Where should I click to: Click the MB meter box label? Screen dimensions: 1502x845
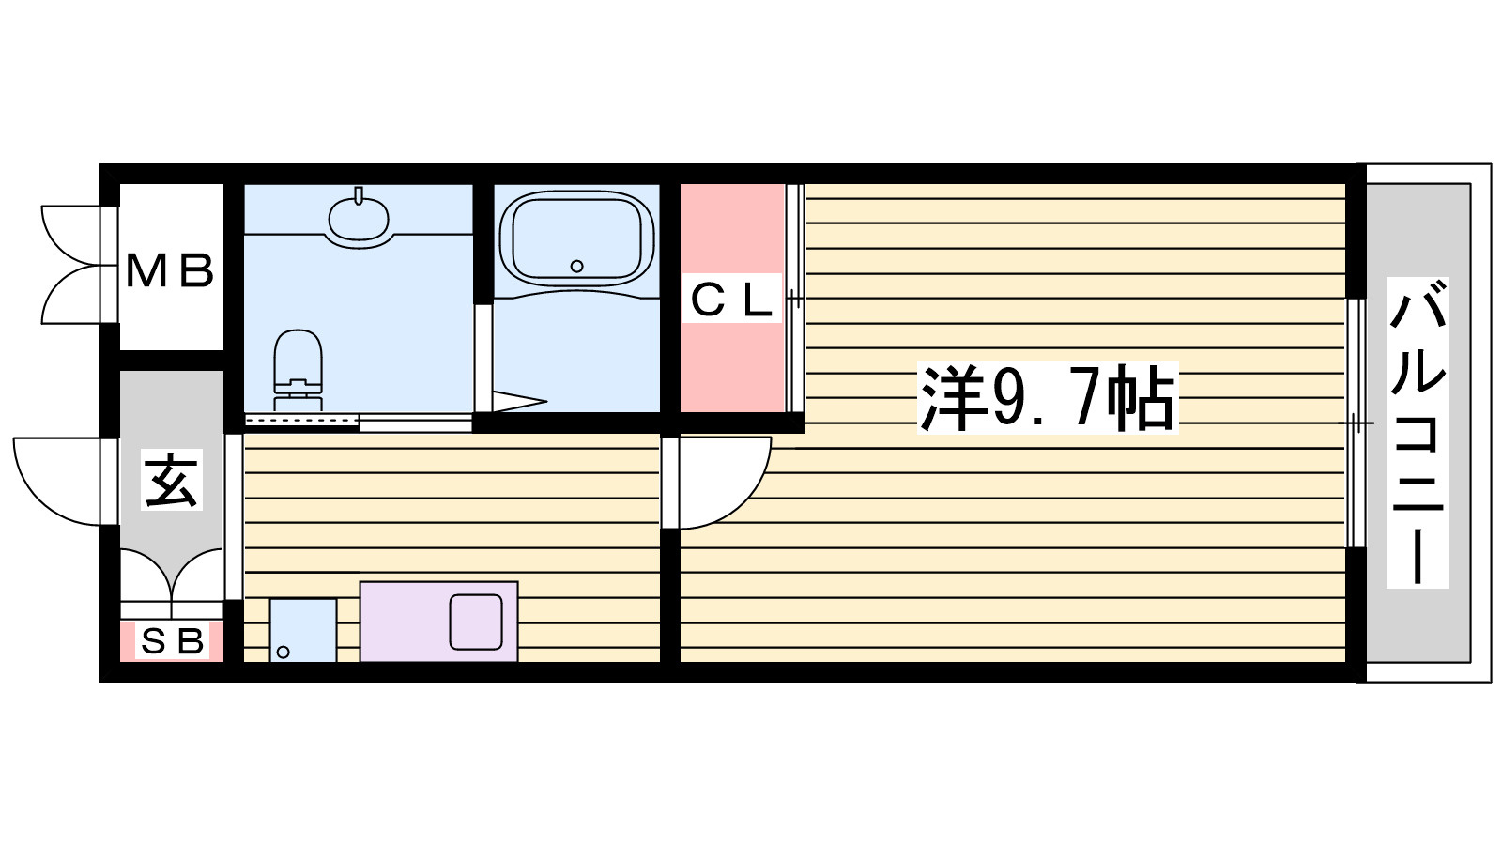[x=170, y=270]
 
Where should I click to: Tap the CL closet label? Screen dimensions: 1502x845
[x=732, y=299]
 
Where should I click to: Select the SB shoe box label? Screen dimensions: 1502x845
[x=173, y=642]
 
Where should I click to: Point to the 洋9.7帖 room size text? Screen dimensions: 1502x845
[x=1048, y=398]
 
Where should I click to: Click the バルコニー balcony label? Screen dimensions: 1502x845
[x=1418, y=433]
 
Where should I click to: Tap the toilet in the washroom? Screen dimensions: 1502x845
[x=299, y=370]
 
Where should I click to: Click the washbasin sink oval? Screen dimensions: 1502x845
[x=359, y=217]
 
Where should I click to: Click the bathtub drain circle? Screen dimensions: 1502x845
[x=576, y=267]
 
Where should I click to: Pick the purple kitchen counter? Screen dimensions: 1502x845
[x=439, y=622]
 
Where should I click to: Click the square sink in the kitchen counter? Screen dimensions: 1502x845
[x=476, y=622]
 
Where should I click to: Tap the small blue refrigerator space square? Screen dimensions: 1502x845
[x=303, y=630]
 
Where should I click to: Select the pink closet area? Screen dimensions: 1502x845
[x=733, y=299]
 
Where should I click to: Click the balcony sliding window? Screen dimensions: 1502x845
[x=1356, y=423]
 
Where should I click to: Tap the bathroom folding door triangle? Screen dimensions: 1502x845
[x=520, y=401]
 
